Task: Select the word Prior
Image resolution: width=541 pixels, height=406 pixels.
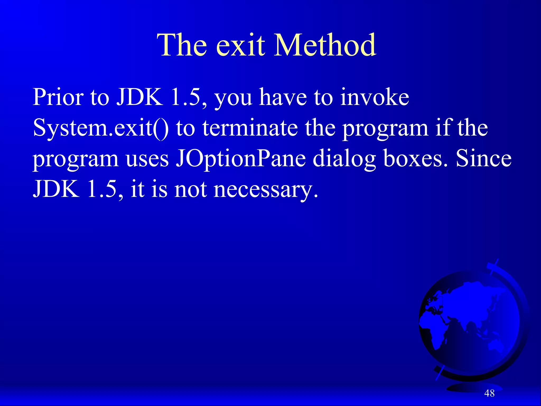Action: [x=58, y=97]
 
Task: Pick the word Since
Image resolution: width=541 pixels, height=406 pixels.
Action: [x=484, y=159]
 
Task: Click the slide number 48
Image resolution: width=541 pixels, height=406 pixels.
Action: [x=489, y=393]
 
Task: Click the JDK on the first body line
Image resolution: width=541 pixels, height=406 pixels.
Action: [x=140, y=97]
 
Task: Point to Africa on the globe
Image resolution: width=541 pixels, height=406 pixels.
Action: [x=436, y=330]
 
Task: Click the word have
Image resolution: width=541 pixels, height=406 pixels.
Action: [x=283, y=97]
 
